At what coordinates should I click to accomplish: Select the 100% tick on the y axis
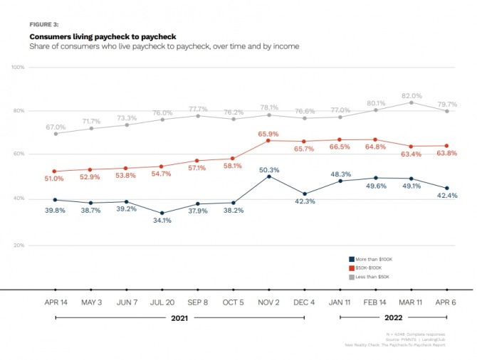[19, 67]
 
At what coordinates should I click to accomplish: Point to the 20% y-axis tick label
[19, 245]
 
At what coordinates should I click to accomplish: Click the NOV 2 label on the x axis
[268, 302]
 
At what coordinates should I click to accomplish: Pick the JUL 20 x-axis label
[162, 302]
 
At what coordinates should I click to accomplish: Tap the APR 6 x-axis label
[446, 302]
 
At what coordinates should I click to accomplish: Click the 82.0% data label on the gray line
[412, 95]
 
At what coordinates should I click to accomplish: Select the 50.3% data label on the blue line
[268, 169]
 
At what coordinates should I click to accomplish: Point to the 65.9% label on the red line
[268, 134]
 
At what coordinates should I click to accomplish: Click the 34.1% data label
[162, 220]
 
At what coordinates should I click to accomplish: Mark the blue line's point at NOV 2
[268, 176]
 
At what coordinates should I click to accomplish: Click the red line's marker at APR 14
[56, 171]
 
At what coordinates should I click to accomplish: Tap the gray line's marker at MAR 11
[411, 102]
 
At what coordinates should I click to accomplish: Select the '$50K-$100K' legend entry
[368, 267]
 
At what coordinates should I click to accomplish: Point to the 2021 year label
[180, 318]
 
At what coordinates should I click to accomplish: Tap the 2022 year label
[393, 318]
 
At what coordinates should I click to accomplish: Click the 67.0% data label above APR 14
[56, 127]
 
